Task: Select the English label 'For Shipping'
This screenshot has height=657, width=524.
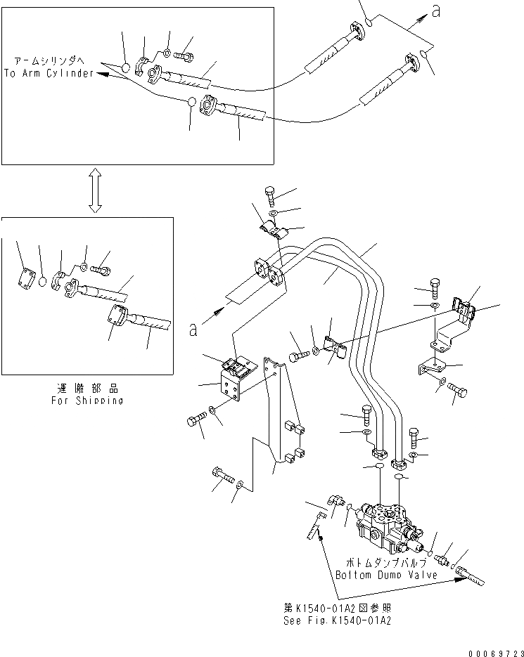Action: [87, 401]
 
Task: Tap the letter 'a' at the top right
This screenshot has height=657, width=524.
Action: [436, 12]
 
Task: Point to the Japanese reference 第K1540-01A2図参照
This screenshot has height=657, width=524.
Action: [336, 609]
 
